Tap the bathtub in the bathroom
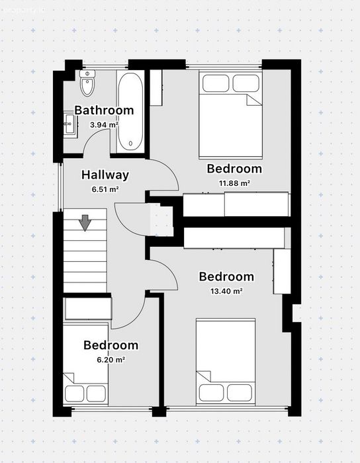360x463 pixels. point(130,111)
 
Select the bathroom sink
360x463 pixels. point(71,124)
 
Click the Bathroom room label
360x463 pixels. point(104,110)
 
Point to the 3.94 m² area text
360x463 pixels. point(105,125)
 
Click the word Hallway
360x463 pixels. point(105,175)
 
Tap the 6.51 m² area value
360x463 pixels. point(105,189)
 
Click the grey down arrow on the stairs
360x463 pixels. point(85,223)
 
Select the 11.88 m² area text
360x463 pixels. point(234,183)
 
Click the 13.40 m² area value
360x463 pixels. point(226,291)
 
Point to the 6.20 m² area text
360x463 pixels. point(111,360)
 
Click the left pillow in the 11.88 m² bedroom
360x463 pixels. point(216,83)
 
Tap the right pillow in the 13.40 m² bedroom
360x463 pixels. point(240,392)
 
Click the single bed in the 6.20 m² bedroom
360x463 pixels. point(85,364)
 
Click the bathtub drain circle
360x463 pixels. point(130,144)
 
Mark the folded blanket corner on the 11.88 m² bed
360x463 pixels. point(253,100)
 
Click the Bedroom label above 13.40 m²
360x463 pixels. point(226,276)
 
